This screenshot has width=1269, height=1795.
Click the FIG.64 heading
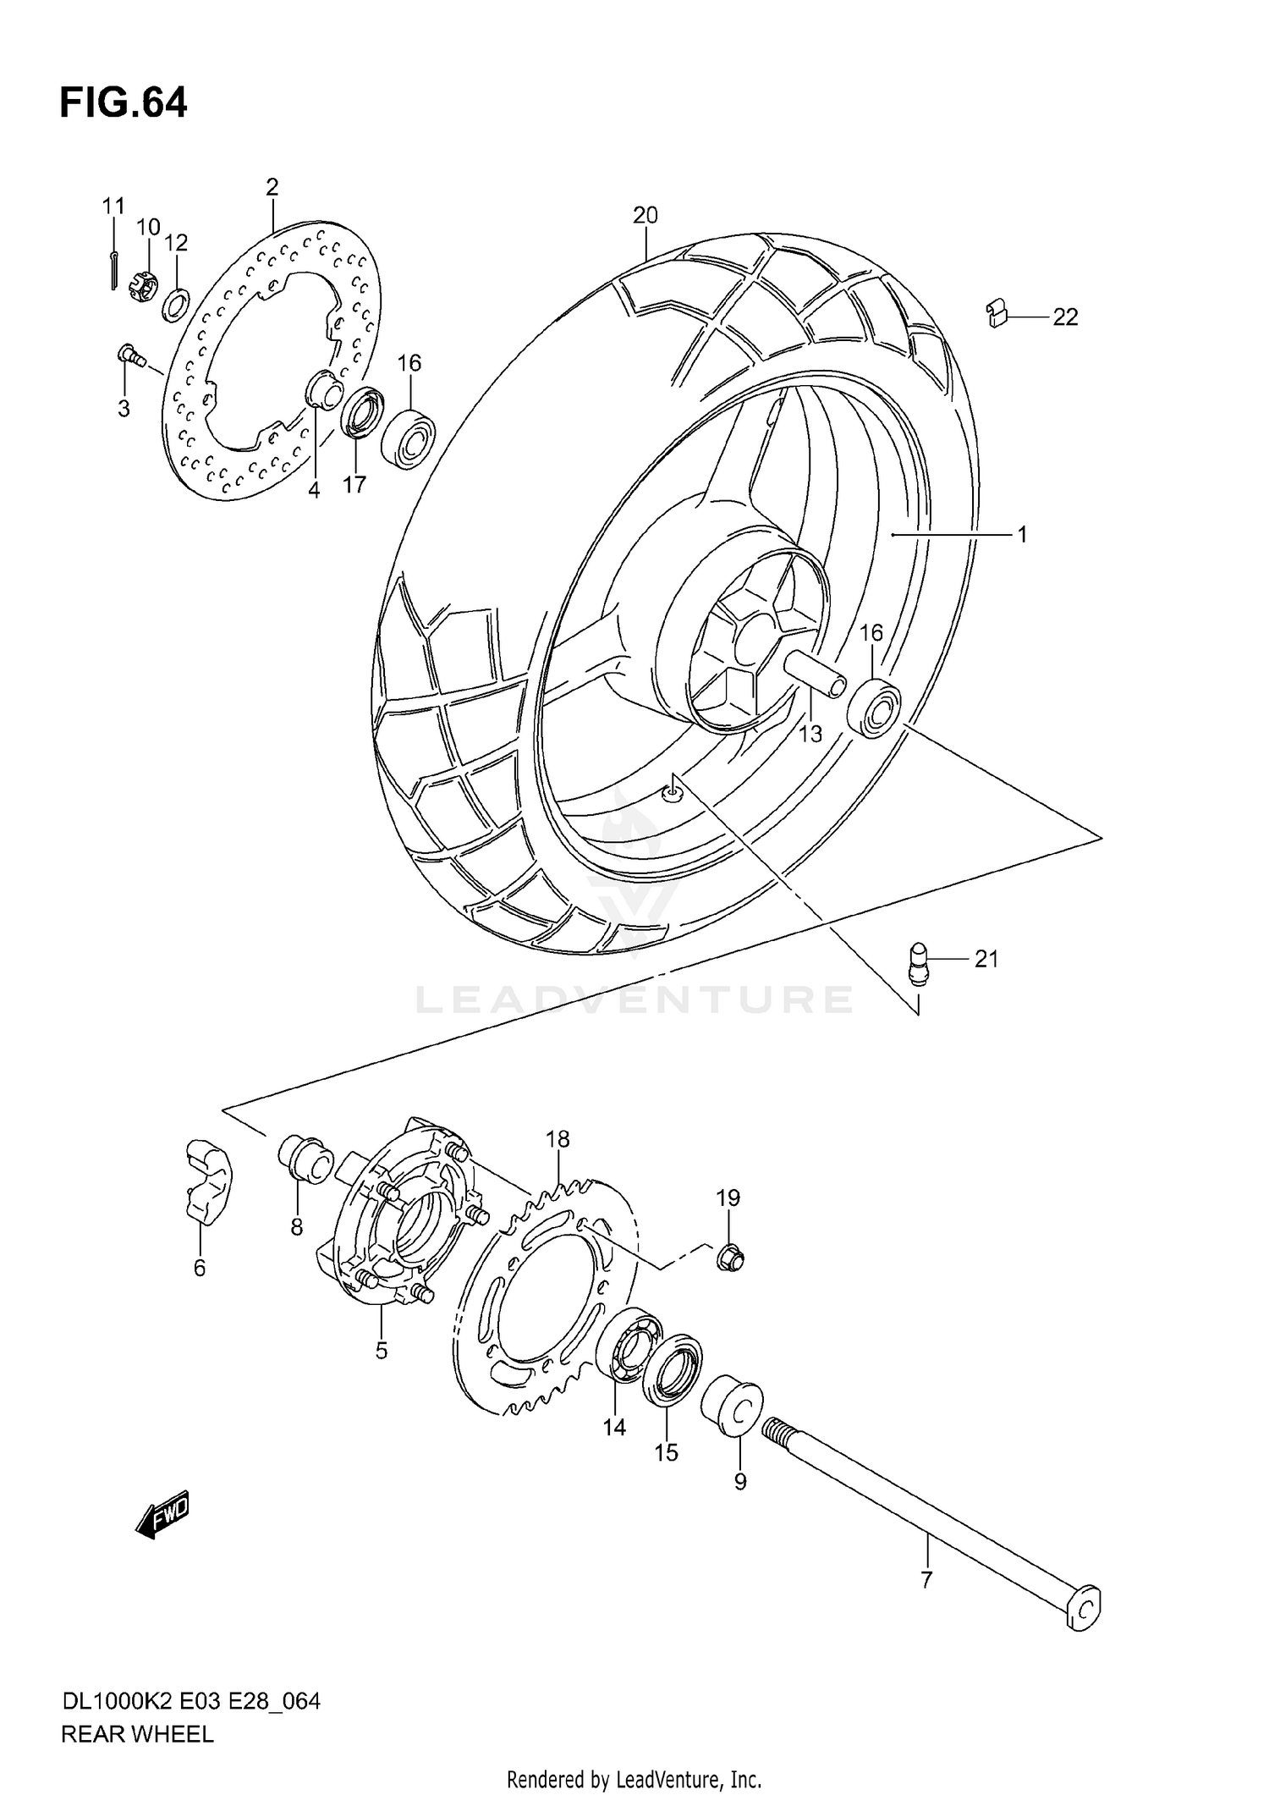124,103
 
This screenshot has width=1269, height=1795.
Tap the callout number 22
1065,317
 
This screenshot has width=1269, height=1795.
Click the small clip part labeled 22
997,314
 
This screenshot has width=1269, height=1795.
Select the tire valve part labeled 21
918,964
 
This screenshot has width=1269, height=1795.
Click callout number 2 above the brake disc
272,187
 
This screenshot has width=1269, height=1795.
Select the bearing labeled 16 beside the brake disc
408,439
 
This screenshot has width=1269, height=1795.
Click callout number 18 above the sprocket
558,1139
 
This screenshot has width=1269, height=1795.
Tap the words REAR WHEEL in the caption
137,1734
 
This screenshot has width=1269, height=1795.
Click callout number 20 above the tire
645,215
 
